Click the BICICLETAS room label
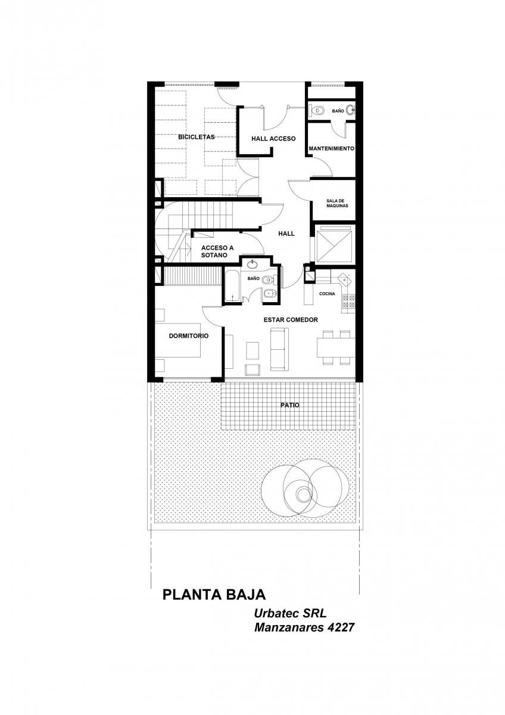point(196,137)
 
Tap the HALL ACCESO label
point(273,138)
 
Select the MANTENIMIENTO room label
point(331,148)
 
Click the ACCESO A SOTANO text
point(217,251)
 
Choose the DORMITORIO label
point(189,336)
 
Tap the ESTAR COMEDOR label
point(291,319)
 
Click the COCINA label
point(327,294)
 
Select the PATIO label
point(289,405)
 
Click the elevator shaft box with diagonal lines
point(333,244)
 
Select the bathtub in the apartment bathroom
point(233,286)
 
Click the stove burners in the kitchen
point(348,301)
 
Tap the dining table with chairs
point(336,347)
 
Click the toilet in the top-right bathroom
point(316,110)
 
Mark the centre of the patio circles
point(303,495)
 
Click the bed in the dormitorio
point(177,340)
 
